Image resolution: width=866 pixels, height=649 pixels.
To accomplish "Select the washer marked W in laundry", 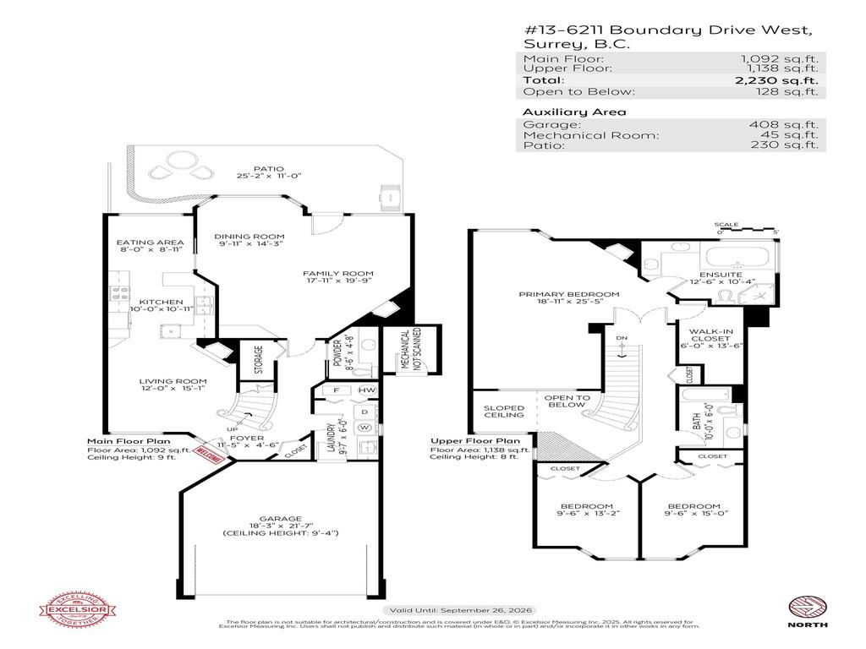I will (366, 427).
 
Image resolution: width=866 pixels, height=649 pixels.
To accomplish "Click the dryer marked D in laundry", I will (365, 411).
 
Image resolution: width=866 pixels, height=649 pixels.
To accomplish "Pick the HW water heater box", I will (366, 390).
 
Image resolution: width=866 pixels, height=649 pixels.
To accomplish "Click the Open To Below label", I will (567, 401).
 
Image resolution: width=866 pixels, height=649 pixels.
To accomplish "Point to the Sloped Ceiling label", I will (504, 412).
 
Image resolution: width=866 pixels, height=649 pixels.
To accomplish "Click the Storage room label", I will (258, 359).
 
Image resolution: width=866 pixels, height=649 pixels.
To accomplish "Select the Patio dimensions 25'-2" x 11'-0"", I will (270, 176).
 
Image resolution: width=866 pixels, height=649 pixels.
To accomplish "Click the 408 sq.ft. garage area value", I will (792, 124).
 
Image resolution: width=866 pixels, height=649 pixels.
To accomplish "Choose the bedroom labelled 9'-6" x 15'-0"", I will (698, 510).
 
